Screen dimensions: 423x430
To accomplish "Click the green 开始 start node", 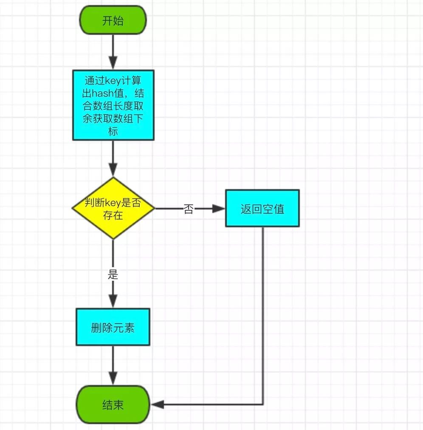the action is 113,20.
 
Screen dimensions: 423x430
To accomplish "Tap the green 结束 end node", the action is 113,405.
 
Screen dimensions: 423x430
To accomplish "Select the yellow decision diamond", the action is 113,208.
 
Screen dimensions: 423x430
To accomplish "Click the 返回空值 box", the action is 262,208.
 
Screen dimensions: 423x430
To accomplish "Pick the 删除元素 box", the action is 113,327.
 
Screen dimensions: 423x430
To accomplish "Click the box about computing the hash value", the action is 113,105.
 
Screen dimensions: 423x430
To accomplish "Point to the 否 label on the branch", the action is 189,209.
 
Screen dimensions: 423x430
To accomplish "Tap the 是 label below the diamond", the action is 113,274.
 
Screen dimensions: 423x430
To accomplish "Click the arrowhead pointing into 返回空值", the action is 219,208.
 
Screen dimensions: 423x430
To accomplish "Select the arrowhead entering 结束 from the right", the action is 157,404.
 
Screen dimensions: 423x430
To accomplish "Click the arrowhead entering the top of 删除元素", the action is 113,301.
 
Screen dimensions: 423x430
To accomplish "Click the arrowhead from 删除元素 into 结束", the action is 113,378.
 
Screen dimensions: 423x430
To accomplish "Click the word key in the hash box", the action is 113,81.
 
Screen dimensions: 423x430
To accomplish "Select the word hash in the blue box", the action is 102,93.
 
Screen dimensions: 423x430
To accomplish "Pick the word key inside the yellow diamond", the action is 113,203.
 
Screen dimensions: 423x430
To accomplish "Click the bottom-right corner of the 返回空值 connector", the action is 263,404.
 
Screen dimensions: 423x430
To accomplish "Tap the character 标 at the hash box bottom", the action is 113,131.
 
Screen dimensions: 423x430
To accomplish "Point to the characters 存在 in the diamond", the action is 113,215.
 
